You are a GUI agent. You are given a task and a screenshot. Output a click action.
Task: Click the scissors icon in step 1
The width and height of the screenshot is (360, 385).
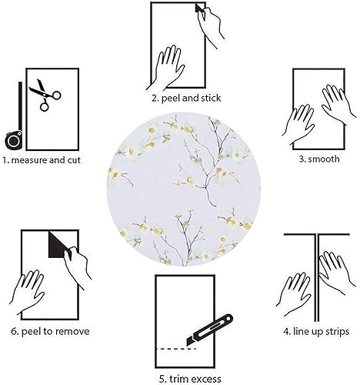[x=45, y=96]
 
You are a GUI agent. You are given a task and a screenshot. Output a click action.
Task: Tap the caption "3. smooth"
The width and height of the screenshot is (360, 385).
[x=317, y=160]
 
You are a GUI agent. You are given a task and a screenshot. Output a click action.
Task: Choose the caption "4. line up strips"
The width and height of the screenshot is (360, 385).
[x=315, y=332]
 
